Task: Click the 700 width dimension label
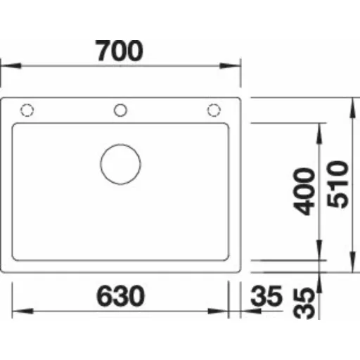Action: pos(119,51)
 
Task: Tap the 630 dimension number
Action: pos(120,296)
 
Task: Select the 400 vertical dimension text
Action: pos(304,191)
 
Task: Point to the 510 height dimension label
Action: pos(337,184)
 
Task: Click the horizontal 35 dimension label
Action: pos(266,296)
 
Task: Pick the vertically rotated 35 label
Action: pos(304,303)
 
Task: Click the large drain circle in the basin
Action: pos(120,164)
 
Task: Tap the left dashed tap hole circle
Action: pos(27,110)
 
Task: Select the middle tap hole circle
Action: pos(120,110)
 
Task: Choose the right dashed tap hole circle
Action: pos(214,110)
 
